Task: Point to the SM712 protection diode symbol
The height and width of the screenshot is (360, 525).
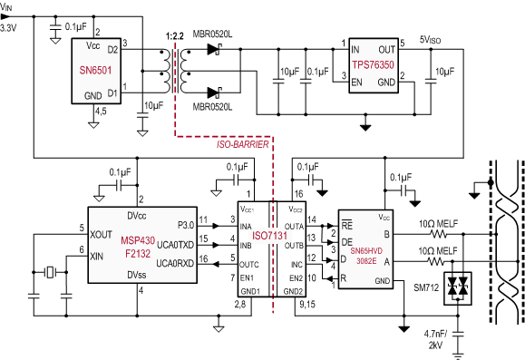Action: pos(457,284)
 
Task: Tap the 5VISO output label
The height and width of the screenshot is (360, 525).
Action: pos(430,40)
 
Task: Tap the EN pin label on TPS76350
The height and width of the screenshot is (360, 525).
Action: pos(356,82)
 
